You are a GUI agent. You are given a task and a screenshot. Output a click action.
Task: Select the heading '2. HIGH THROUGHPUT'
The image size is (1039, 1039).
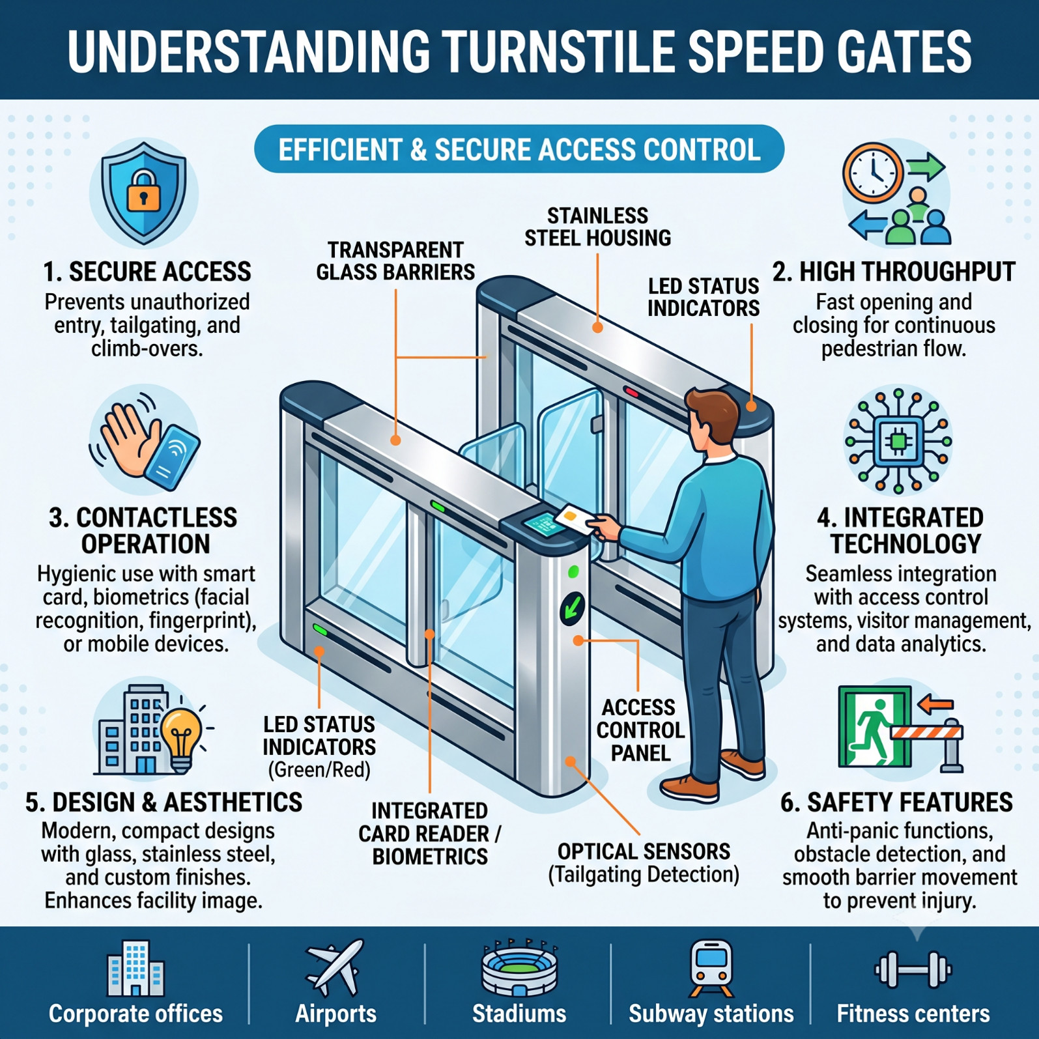tap(894, 272)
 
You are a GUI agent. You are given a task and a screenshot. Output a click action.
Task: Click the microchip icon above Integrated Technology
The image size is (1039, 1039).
tap(898, 441)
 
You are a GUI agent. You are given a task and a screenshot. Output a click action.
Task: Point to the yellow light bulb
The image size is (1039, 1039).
tap(181, 739)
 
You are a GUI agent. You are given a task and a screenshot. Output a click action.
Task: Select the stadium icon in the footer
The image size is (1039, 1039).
tap(519, 968)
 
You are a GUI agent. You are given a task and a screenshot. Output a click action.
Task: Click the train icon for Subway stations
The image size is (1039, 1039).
tap(711, 968)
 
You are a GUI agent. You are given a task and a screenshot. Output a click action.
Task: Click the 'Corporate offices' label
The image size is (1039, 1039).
tap(135, 1014)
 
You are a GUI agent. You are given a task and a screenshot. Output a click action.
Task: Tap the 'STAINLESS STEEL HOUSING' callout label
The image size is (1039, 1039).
tap(598, 227)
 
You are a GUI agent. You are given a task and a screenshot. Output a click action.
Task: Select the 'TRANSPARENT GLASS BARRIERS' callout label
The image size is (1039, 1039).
tap(395, 261)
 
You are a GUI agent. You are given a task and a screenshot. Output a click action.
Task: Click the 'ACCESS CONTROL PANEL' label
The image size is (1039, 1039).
tap(640, 730)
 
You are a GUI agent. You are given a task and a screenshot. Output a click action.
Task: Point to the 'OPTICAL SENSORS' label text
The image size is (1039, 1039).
tap(644, 851)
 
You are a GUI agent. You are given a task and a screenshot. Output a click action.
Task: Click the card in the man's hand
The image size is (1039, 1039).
tap(575, 519)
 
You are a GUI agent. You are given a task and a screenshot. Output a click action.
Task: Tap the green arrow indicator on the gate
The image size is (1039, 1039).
tap(572, 608)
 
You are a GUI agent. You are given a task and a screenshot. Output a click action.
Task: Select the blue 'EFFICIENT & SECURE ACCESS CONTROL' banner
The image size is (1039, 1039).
tap(519, 149)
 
